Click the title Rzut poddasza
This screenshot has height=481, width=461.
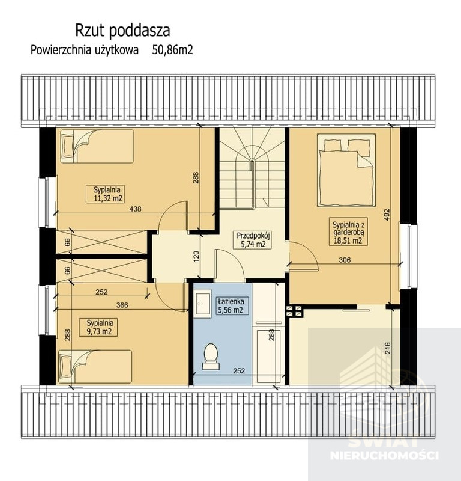122,31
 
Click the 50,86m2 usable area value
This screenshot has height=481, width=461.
173,50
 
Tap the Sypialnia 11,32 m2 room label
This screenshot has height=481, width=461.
105,194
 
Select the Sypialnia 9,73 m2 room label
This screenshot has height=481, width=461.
98,327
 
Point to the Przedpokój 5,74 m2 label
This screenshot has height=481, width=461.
253,240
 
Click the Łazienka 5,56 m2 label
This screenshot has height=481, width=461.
232,305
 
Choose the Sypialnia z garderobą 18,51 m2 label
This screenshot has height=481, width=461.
348,231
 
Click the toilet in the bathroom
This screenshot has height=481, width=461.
211,357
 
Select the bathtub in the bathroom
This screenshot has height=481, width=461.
269,356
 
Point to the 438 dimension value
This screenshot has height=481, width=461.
136,209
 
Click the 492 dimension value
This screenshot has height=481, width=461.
387,215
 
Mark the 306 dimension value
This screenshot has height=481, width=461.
345,260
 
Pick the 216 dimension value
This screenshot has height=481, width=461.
388,348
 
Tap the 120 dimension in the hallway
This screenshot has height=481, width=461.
196,257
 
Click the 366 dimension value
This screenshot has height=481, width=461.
122,305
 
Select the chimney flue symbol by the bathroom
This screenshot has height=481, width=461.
294,311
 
